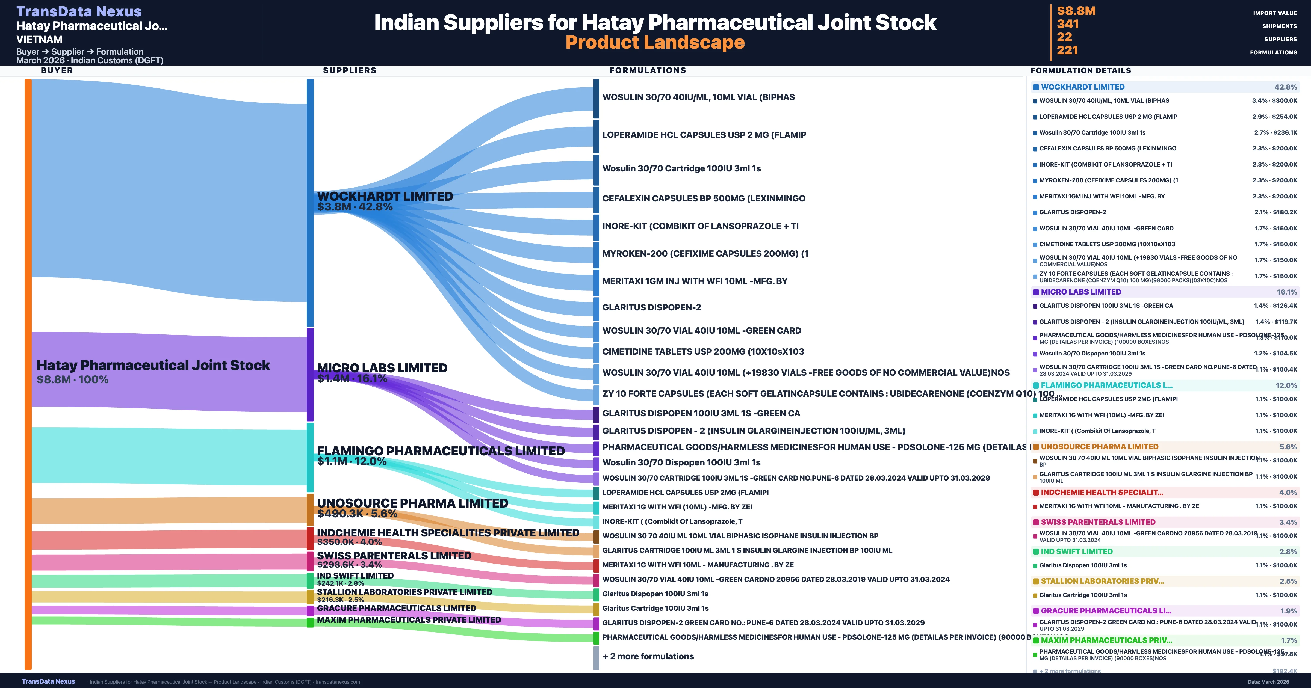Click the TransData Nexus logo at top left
click(x=79, y=11)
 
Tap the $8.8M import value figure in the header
click(x=1076, y=11)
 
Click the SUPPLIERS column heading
click(x=350, y=70)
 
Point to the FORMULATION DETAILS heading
click(x=1080, y=70)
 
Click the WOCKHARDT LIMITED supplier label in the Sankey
click(x=385, y=196)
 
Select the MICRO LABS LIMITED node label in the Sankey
click(x=382, y=368)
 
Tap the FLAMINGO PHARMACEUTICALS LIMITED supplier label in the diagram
click(x=440, y=451)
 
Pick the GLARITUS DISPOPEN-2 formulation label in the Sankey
click(x=651, y=307)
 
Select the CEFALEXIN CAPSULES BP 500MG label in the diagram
click(x=703, y=198)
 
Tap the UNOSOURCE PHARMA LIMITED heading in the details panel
click(x=1099, y=447)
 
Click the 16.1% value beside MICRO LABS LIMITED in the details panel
click(x=1287, y=292)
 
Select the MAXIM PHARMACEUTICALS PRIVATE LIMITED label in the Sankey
click(x=409, y=620)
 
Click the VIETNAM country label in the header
click(x=39, y=39)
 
